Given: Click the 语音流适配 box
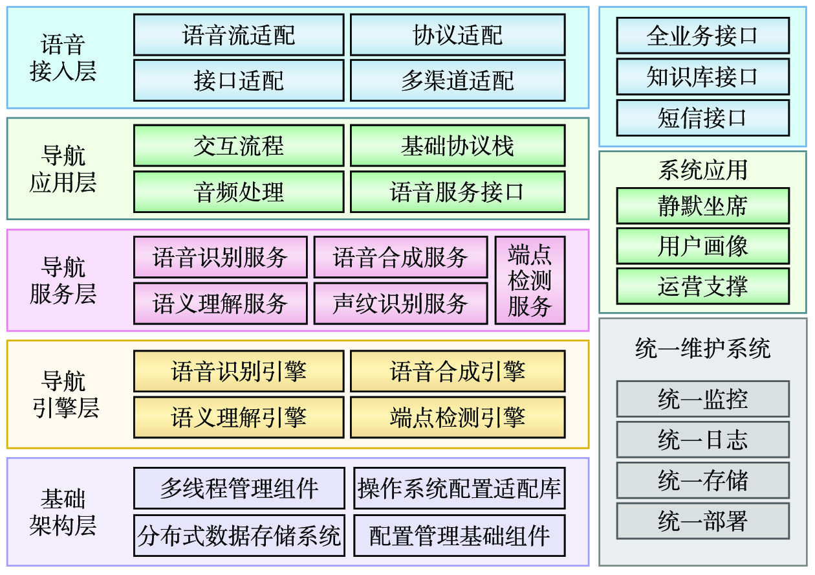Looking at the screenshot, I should point(239,35).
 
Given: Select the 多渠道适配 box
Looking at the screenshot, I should point(457,81).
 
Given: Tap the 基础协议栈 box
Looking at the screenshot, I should point(457,146).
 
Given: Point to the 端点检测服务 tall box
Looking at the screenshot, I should point(530,280).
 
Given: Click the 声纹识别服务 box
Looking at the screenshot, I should point(400,303).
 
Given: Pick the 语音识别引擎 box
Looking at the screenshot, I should point(239,372).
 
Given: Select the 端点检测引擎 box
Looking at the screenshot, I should point(457,418).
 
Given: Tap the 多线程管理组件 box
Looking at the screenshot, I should point(239,488).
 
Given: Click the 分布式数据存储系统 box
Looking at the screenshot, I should point(239,536).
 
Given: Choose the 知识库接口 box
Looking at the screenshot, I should point(702,76).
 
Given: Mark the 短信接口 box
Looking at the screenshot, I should point(702,118).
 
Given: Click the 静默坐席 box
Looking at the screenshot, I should point(702,206).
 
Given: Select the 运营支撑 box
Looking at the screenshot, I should point(702,286).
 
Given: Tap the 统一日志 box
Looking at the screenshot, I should point(702,440).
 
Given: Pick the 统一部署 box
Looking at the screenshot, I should point(702,521).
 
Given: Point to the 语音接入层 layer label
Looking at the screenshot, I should point(63,58).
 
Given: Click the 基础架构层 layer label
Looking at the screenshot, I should point(63,512).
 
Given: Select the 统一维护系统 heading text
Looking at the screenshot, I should point(702,350).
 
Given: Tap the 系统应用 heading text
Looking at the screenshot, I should point(702,170).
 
